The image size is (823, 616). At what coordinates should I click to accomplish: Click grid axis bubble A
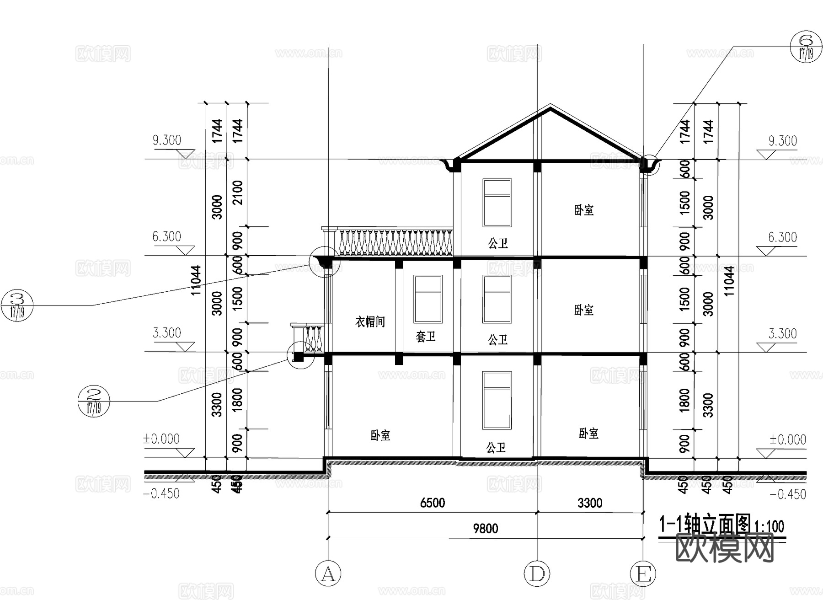[x=328, y=573]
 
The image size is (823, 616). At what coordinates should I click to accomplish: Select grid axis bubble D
[x=536, y=573]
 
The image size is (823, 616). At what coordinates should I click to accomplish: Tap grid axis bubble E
[x=643, y=573]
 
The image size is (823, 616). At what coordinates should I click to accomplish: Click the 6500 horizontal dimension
[x=432, y=503]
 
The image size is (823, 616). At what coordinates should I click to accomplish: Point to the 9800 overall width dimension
[x=485, y=529]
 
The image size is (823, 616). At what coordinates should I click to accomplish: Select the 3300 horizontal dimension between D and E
[x=590, y=503]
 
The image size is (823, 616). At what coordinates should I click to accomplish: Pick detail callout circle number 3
[x=17, y=305]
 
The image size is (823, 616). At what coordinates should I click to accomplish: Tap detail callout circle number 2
[x=94, y=401]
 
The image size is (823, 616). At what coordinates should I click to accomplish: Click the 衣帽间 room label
[x=370, y=322]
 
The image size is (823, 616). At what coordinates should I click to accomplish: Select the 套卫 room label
[x=425, y=337]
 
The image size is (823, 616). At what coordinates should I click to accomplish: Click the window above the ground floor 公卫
[x=497, y=400]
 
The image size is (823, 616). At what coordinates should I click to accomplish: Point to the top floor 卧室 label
[x=584, y=210]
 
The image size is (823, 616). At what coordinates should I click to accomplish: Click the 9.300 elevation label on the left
[x=167, y=140]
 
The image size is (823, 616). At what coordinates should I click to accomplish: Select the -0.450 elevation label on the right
[x=788, y=494]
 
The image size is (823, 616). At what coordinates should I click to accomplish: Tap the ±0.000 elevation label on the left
[x=161, y=439]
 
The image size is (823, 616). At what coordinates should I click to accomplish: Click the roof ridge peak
[x=550, y=106]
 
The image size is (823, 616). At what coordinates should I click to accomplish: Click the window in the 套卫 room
[x=428, y=299]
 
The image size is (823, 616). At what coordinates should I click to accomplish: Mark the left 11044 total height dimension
[x=196, y=280]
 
